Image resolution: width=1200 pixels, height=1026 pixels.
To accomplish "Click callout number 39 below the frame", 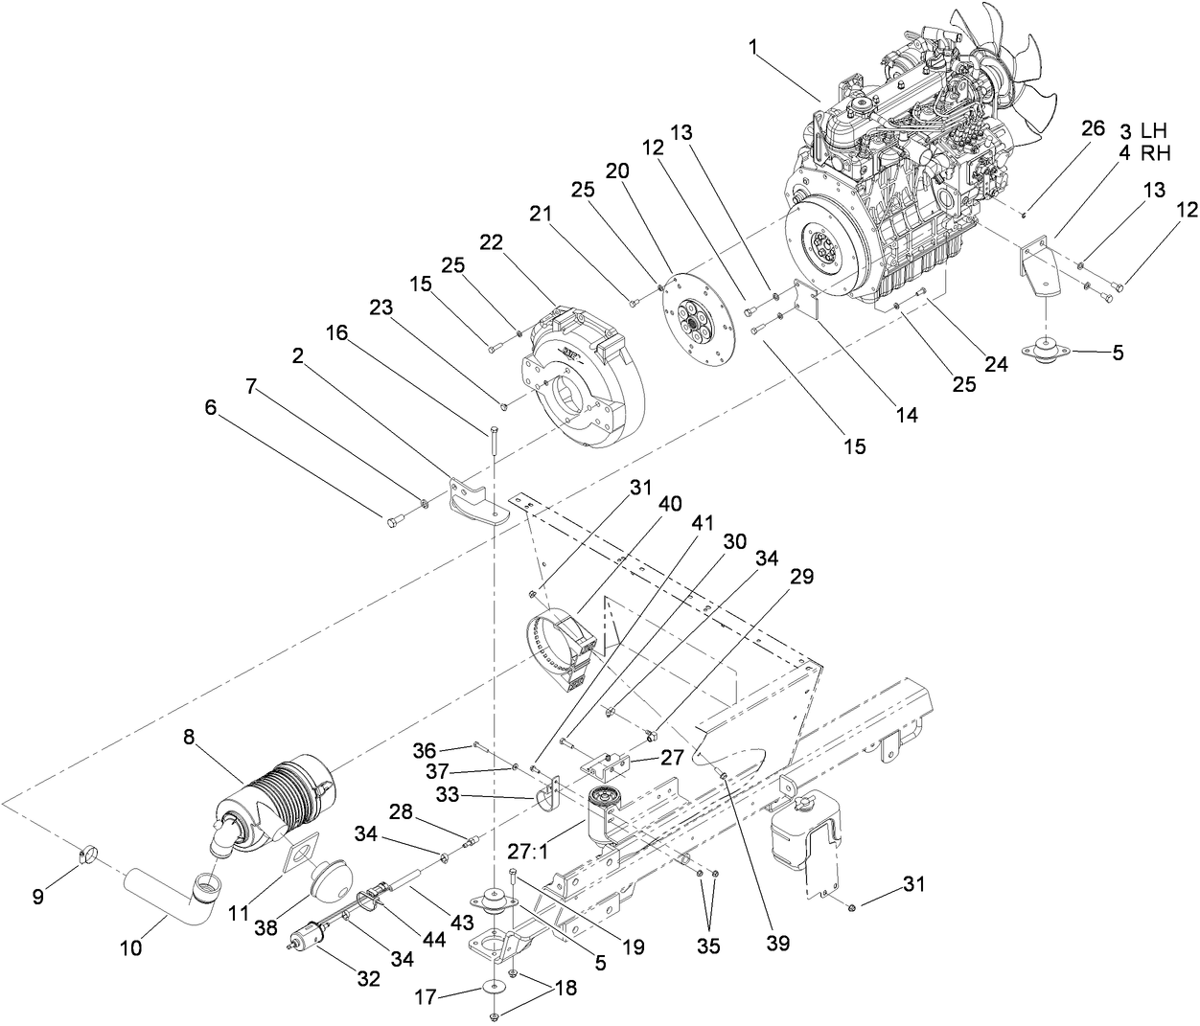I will point(777,943).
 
